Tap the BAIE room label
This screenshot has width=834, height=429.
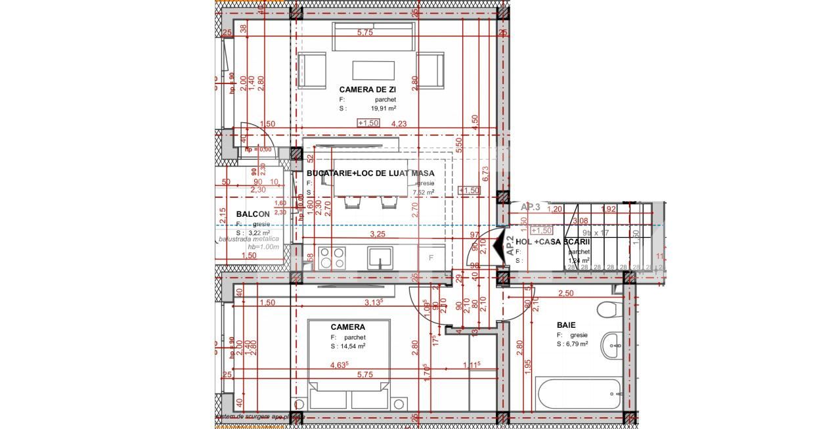[566, 325]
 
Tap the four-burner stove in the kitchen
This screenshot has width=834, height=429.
[332, 258]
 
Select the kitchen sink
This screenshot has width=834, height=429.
[380, 258]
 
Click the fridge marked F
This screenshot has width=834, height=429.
[431, 258]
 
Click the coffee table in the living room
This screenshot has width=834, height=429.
[373, 70]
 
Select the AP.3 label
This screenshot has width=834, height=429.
[530, 207]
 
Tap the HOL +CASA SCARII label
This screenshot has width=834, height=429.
[553, 242]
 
